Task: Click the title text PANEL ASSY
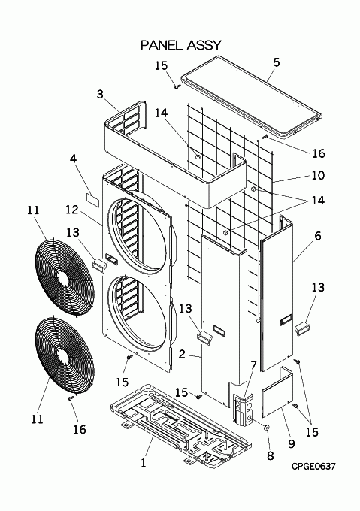pyautogui.click(x=181, y=45)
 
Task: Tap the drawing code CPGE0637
pyautogui.click(x=313, y=467)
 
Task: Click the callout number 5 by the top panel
pyautogui.click(x=277, y=62)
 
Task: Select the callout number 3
pyautogui.click(x=100, y=94)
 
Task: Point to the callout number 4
pyautogui.click(x=74, y=159)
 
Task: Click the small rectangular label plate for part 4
pyautogui.click(x=92, y=199)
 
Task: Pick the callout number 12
pyautogui.click(x=72, y=210)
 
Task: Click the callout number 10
pyautogui.click(x=319, y=175)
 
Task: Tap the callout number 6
pyautogui.click(x=318, y=236)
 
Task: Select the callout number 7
pyautogui.click(x=253, y=365)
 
